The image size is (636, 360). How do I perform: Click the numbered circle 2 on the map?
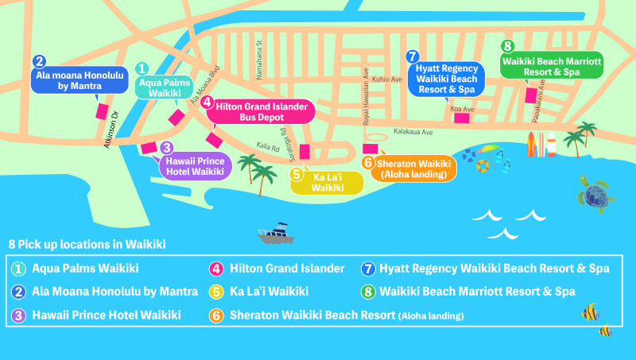click(x=40, y=60)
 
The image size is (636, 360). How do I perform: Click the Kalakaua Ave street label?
click(x=413, y=132)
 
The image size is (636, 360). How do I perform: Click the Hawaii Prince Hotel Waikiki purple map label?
click(x=196, y=166)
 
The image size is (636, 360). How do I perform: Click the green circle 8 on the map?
click(x=507, y=45)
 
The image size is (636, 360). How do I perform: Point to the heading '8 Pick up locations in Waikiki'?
click(x=87, y=243)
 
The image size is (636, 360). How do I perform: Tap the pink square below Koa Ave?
click(x=461, y=118)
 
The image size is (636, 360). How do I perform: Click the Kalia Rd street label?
click(x=267, y=147)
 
